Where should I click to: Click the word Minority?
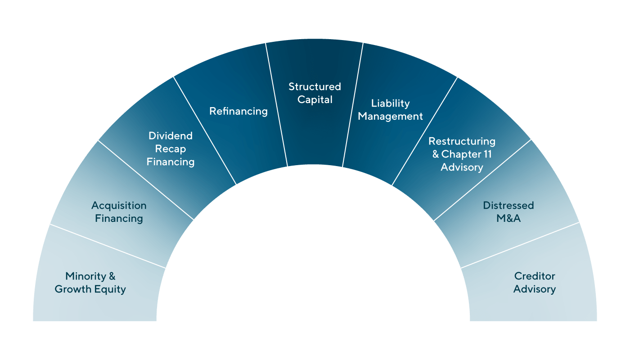click(85, 276)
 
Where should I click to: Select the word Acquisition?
click(119, 206)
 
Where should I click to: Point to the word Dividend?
click(171, 136)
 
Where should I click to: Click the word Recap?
click(171, 149)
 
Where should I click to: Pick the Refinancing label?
click(238, 111)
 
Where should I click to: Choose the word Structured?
click(315, 86)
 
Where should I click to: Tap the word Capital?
click(315, 99)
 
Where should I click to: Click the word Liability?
click(390, 103)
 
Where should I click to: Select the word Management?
click(390, 117)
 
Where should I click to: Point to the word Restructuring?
click(462, 141)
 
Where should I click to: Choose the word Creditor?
click(535, 276)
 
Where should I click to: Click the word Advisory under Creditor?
click(535, 289)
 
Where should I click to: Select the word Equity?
click(112, 289)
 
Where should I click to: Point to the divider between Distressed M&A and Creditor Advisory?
click(520, 245)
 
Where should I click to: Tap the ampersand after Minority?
click(112, 276)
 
